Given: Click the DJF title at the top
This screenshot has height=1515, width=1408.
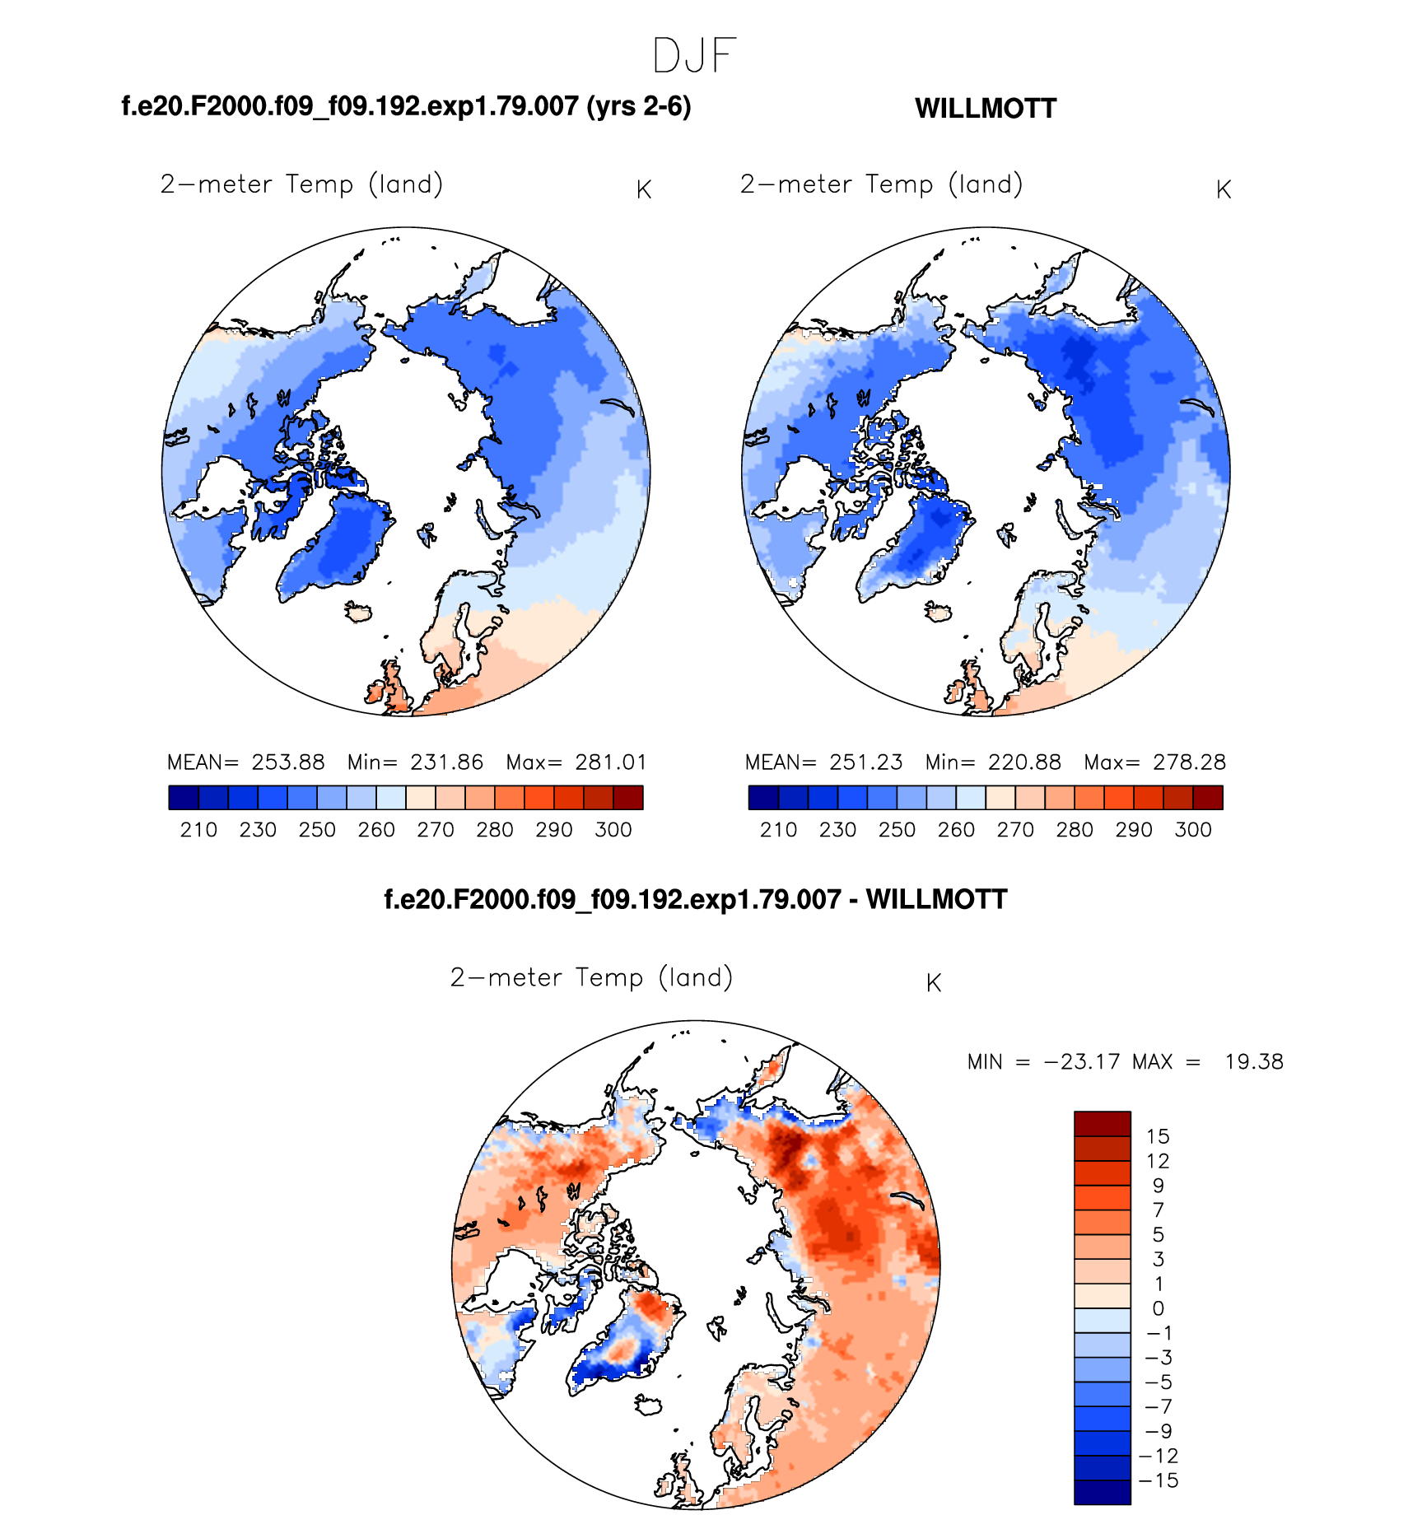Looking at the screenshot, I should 693,56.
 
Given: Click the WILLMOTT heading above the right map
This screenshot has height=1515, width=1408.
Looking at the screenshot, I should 985,109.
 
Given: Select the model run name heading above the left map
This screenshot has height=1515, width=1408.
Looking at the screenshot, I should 406,106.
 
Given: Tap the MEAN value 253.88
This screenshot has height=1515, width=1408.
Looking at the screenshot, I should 288,762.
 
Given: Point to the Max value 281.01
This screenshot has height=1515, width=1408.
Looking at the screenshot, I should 611,762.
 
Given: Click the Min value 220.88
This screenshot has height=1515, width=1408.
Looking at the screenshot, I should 1024,762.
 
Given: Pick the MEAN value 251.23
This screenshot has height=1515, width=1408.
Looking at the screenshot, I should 866,762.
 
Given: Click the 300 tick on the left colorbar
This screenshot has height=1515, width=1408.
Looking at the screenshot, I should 613,830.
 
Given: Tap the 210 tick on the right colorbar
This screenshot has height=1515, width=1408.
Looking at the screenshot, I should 778,830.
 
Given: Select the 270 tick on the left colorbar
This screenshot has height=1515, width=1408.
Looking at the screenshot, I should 436,830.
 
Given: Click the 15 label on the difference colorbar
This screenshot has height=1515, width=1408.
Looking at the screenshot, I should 1158,1137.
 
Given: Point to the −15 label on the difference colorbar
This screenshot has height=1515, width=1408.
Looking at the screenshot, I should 1159,1480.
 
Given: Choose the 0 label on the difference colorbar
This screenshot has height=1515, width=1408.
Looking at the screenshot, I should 1158,1308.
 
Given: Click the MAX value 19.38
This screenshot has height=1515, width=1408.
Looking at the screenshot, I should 1253,1062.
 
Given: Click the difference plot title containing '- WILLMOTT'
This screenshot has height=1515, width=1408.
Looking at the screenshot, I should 695,899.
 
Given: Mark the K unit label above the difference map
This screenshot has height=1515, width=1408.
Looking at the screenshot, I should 934,983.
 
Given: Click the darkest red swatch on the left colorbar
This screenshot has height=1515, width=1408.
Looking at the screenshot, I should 628,798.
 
